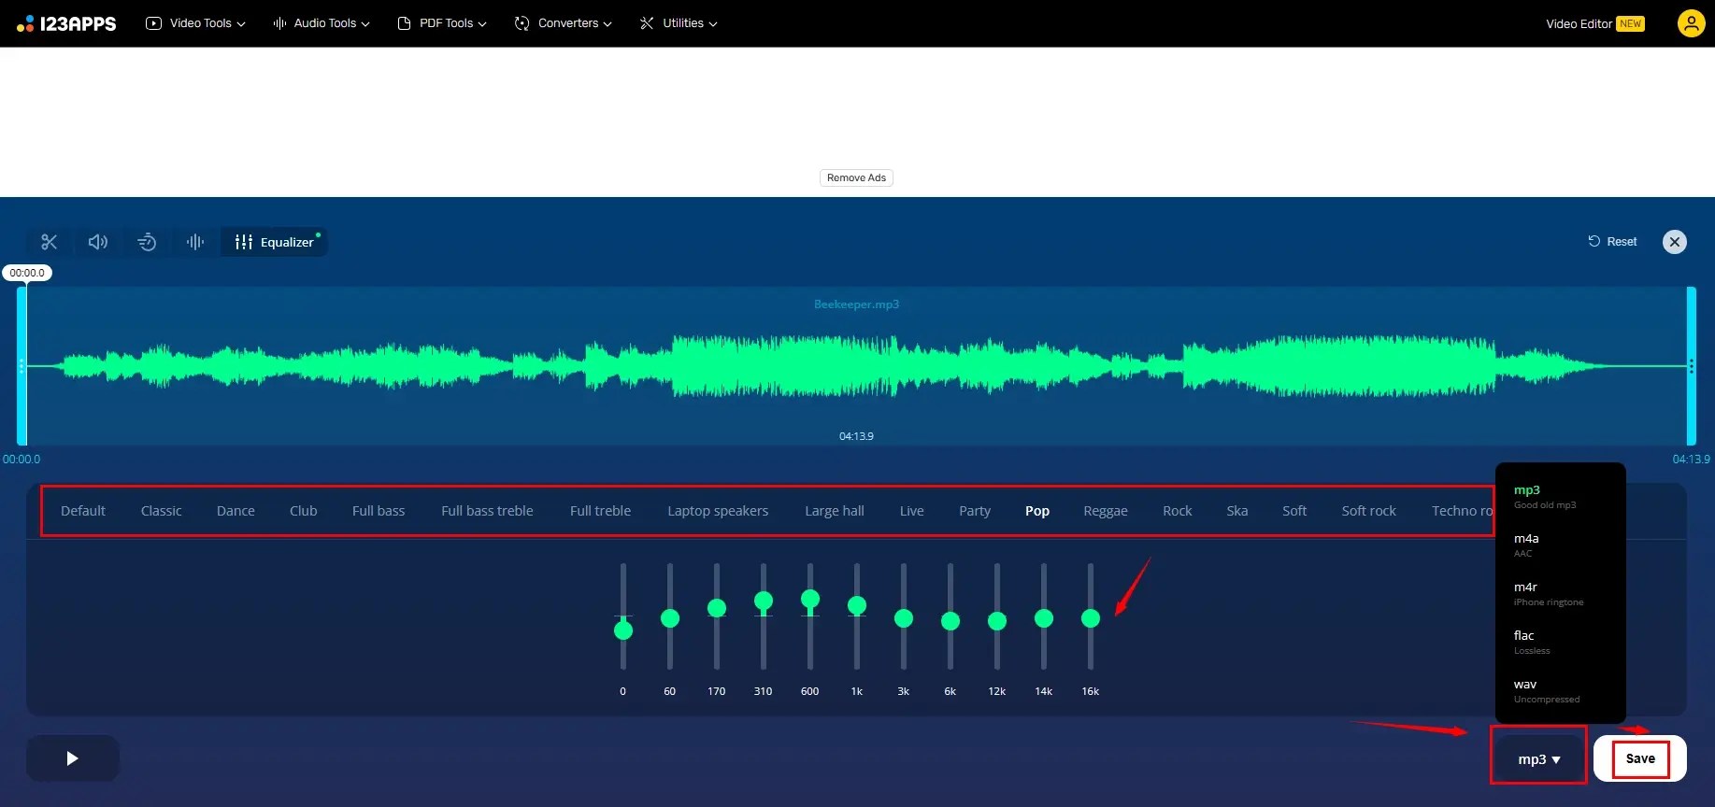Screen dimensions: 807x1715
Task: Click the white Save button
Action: [x=1639, y=758]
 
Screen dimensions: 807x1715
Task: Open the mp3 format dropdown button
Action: [x=1537, y=759]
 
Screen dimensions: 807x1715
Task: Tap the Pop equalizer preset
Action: [x=1036, y=511]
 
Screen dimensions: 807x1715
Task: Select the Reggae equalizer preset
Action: [x=1105, y=511]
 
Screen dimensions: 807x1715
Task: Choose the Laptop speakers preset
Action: [x=717, y=511]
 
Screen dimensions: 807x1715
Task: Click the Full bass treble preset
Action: [x=487, y=511]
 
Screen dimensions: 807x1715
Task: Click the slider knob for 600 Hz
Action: [x=810, y=599]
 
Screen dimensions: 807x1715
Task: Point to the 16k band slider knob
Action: [x=1090, y=618]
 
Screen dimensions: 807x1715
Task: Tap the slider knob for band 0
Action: [x=623, y=630]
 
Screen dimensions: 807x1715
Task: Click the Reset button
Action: [x=1612, y=242]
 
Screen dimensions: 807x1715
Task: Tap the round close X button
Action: [x=1674, y=242]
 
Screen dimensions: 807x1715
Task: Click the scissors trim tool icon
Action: [x=50, y=242]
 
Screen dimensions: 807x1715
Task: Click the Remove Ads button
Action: [x=856, y=177]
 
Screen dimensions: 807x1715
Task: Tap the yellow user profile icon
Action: [x=1691, y=23]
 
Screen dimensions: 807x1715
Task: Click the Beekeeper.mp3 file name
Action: [x=856, y=304]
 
